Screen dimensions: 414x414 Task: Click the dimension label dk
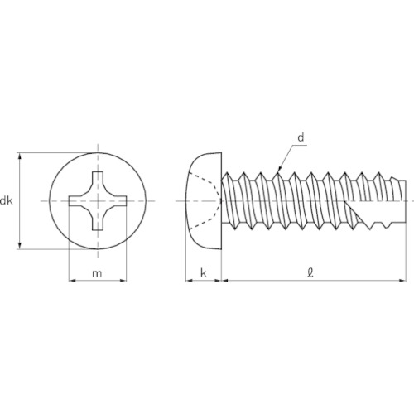[6, 201]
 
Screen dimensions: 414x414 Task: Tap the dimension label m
[97, 273]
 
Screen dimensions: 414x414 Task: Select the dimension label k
[204, 273]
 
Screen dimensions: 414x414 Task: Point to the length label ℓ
[310, 272]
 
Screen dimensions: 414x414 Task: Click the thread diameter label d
[301, 137]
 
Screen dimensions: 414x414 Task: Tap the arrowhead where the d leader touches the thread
[279, 169]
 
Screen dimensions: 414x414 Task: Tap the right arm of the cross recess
[118, 201]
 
